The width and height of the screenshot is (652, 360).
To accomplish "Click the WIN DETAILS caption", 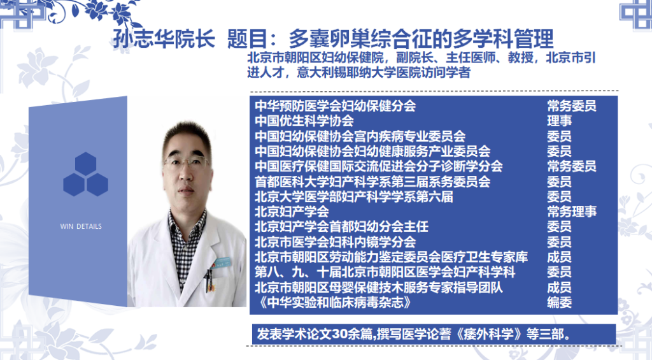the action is [x=81, y=226].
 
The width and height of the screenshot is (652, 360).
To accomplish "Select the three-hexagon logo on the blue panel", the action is [x=86, y=174].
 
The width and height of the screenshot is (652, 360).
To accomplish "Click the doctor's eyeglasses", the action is [x=187, y=162].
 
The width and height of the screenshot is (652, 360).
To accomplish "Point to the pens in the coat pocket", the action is [x=210, y=280].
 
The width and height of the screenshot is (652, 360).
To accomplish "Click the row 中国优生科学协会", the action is [x=304, y=121].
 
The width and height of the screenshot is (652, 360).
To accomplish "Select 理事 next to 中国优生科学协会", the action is [x=559, y=121].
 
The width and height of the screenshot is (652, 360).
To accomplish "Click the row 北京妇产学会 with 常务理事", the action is [x=292, y=212].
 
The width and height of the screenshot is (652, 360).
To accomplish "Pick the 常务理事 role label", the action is [x=572, y=212].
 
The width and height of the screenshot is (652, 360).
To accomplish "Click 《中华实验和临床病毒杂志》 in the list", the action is [x=334, y=302].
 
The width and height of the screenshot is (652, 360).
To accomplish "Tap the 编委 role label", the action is [x=559, y=302].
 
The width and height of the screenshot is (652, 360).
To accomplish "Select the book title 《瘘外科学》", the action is [x=488, y=335].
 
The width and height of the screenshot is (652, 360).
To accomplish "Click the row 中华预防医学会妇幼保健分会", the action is [x=335, y=106].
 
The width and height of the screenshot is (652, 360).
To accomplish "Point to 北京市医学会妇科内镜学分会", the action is [x=335, y=241].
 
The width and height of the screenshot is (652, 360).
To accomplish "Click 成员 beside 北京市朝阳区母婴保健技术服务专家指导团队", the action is [x=559, y=287].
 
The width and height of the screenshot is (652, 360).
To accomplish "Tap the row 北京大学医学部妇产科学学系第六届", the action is [x=354, y=196].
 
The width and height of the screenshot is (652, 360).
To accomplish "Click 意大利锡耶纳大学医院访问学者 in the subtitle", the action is [x=384, y=73].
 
